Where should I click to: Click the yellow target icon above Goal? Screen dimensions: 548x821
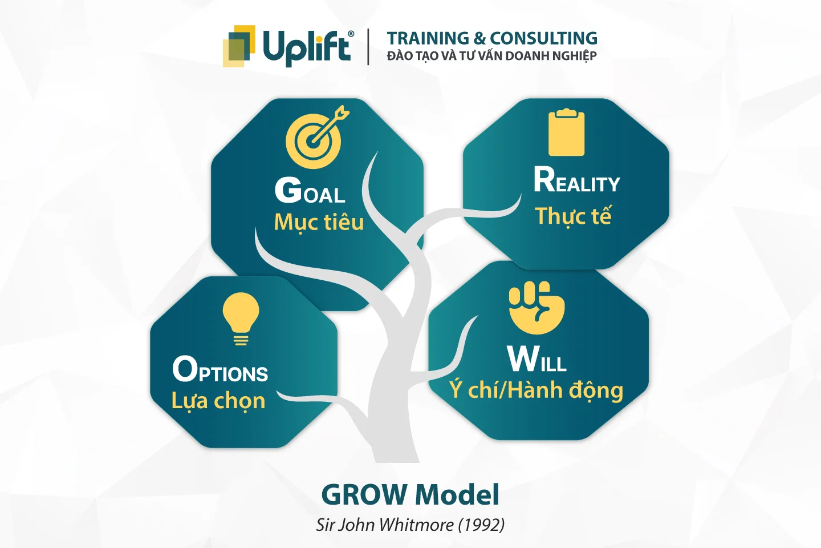coord(315,139)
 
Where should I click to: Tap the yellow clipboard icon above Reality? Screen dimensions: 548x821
coord(566,132)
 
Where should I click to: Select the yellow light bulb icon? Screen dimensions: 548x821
coord(241,318)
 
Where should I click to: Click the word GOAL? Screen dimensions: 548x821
coord(310,191)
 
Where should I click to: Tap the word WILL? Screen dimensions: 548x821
coord(537,359)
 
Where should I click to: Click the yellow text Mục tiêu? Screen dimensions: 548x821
coord(319,222)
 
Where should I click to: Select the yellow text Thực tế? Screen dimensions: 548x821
coord(573,216)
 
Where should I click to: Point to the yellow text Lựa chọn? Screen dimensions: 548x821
coord(218,401)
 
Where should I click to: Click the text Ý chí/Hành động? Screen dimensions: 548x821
coord(536,390)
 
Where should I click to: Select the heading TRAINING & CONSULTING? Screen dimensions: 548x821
coord(492,38)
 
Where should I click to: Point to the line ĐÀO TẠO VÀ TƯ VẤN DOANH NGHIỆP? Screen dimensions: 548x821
coord(491,56)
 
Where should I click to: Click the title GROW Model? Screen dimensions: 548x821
coord(410,494)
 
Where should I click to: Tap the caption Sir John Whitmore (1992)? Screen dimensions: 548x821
coord(410,525)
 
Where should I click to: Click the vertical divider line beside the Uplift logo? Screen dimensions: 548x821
coord(368,47)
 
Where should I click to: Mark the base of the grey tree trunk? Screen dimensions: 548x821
coord(396,454)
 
